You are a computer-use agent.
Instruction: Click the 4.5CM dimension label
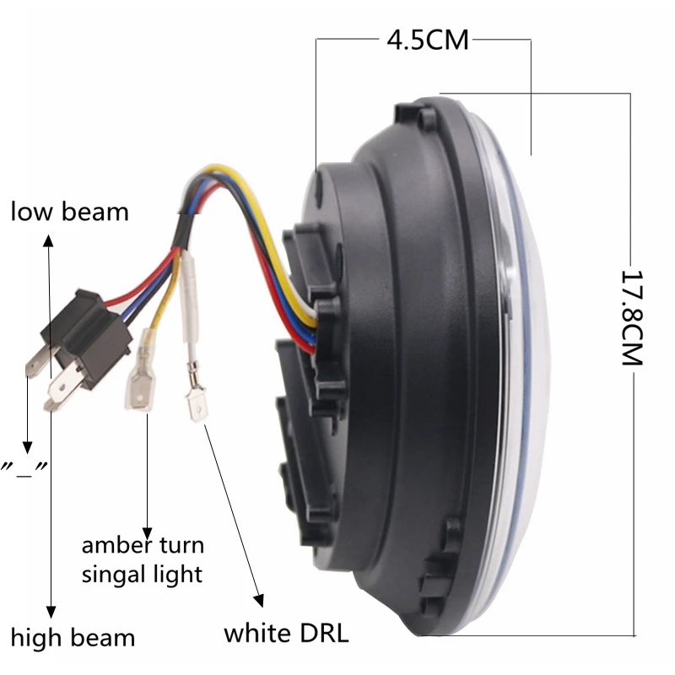tap(426, 39)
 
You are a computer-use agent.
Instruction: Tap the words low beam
tap(69, 211)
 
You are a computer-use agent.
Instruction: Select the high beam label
tap(73, 636)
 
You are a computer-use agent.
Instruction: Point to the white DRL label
tap(286, 633)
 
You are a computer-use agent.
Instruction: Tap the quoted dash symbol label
tap(25, 467)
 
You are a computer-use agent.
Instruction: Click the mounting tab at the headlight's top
tap(422, 113)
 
